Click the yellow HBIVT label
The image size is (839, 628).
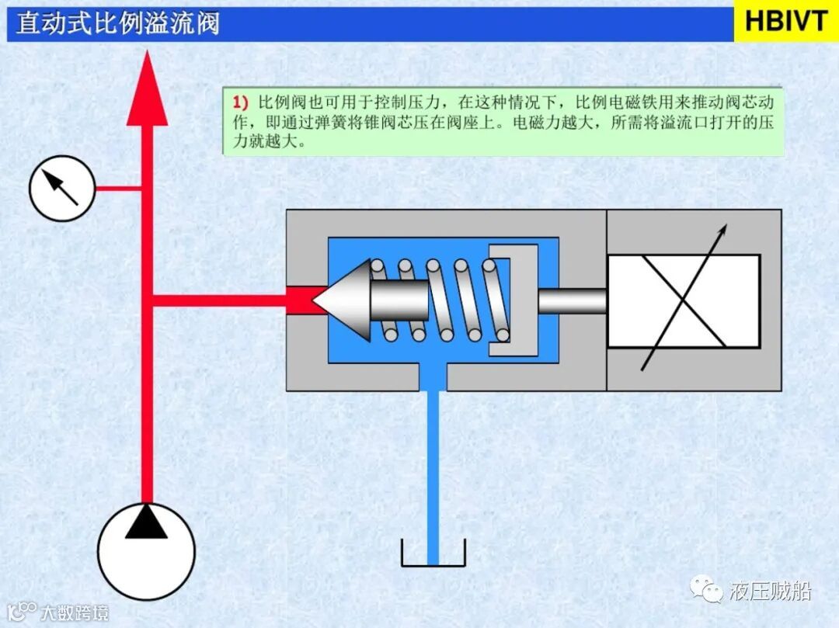click(x=785, y=22)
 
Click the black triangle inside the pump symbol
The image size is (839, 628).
click(x=146, y=522)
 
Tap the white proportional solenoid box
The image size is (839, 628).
click(x=683, y=300)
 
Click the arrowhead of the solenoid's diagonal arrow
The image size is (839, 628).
click(x=722, y=231)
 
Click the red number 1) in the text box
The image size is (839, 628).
click(x=240, y=102)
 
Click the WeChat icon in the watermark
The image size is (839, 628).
click(x=711, y=592)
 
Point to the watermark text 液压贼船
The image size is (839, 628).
click(x=770, y=592)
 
